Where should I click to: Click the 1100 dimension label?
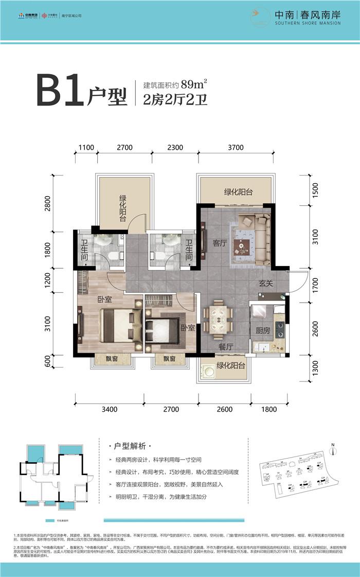(x=86, y=147)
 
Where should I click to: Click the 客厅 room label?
(x=220, y=243)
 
